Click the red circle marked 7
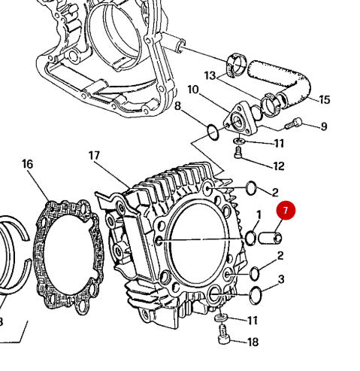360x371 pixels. [x=286, y=211]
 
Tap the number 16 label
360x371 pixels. [x=27, y=164]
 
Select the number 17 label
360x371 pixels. [x=94, y=156]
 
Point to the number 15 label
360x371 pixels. [x=324, y=99]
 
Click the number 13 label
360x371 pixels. [x=209, y=75]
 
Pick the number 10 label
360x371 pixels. [x=193, y=90]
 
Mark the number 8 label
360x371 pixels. [x=178, y=106]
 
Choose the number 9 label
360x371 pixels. [x=324, y=126]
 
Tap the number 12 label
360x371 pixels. [x=279, y=166]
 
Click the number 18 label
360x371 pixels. [x=253, y=342]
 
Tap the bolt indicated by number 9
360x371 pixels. [x=295, y=123]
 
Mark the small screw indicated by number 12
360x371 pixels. [x=237, y=154]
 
